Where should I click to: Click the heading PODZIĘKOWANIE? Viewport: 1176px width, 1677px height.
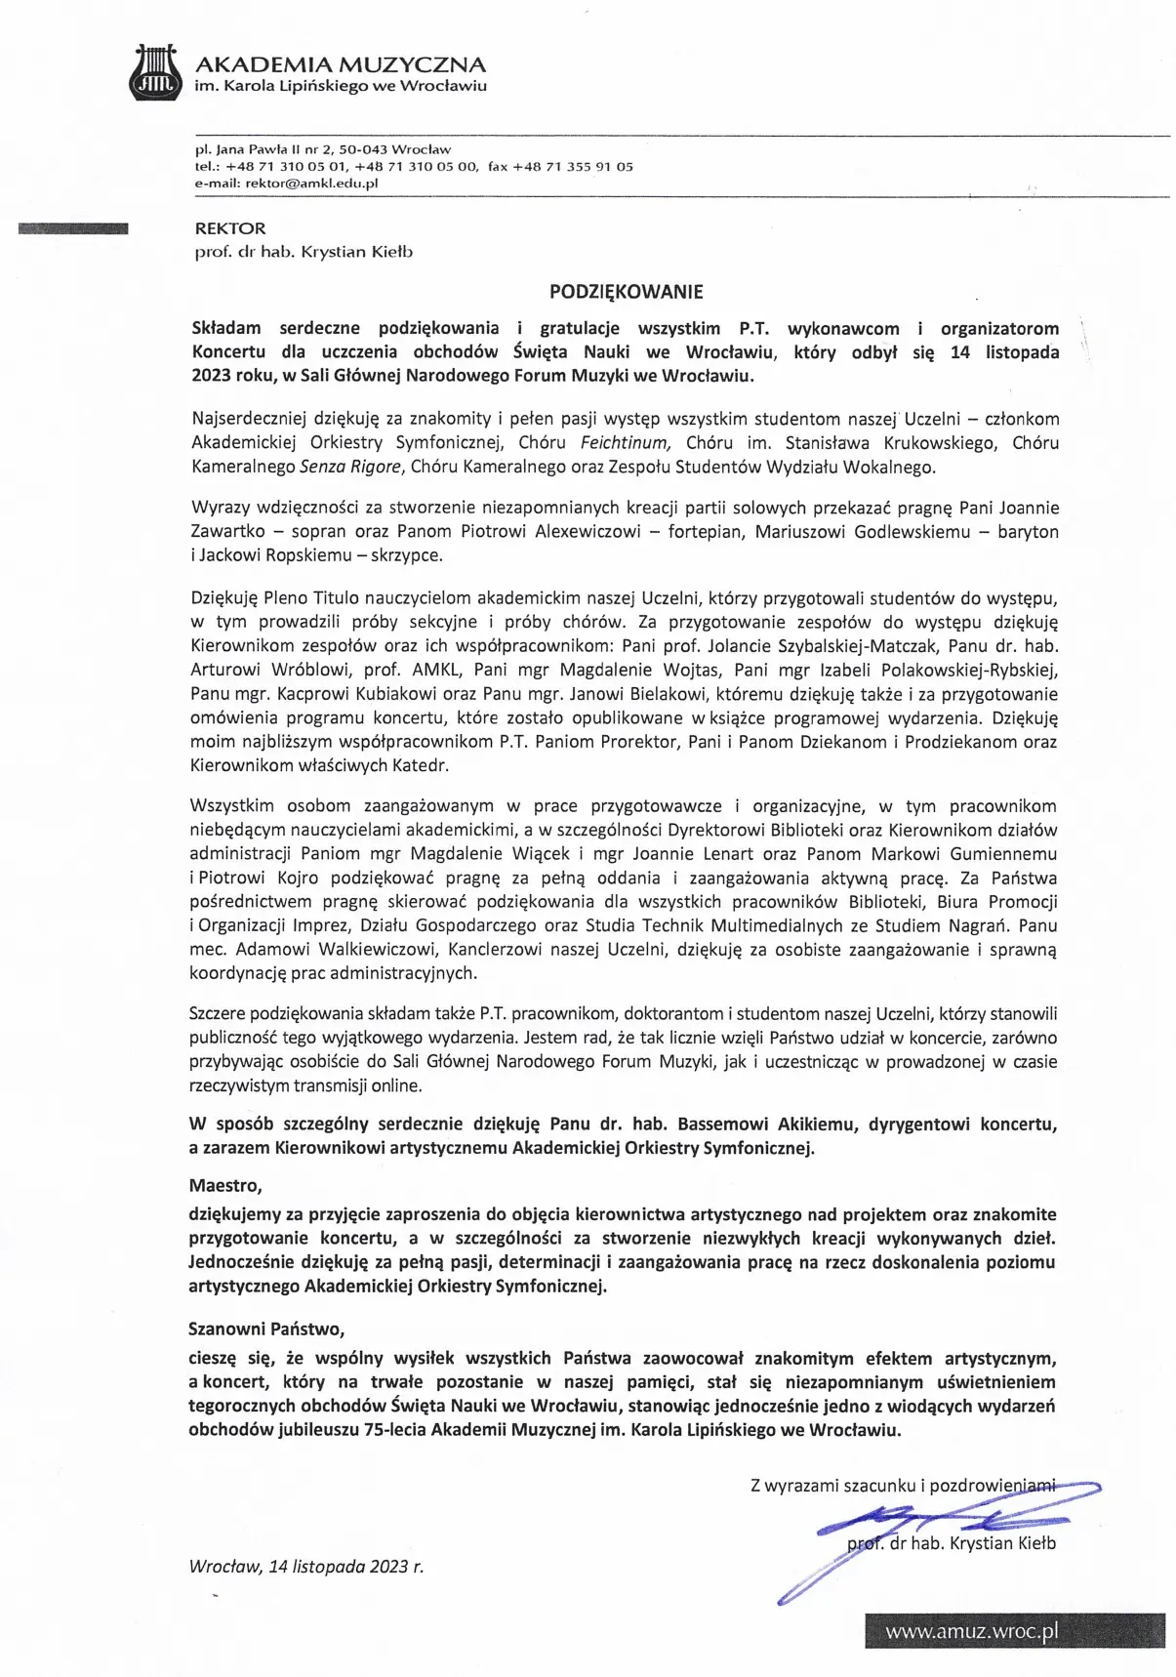tap(626, 291)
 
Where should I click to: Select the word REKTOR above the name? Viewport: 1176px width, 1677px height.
tap(230, 228)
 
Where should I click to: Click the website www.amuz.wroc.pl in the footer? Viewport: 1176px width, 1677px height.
tap(971, 1632)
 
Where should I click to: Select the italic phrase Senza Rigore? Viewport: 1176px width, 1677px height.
tap(350, 467)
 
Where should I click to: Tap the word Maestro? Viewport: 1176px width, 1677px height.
tap(224, 1186)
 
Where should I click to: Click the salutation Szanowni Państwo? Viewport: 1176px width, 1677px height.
tap(266, 1329)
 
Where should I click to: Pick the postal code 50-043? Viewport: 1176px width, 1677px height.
tap(363, 149)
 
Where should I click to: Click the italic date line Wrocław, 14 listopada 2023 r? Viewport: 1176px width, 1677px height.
tap(306, 1566)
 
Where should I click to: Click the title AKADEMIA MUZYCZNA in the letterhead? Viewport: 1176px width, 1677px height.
tap(341, 65)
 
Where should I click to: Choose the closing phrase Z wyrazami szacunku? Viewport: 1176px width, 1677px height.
tap(832, 1486)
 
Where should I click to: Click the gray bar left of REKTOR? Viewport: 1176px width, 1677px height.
tap(73, 229)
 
